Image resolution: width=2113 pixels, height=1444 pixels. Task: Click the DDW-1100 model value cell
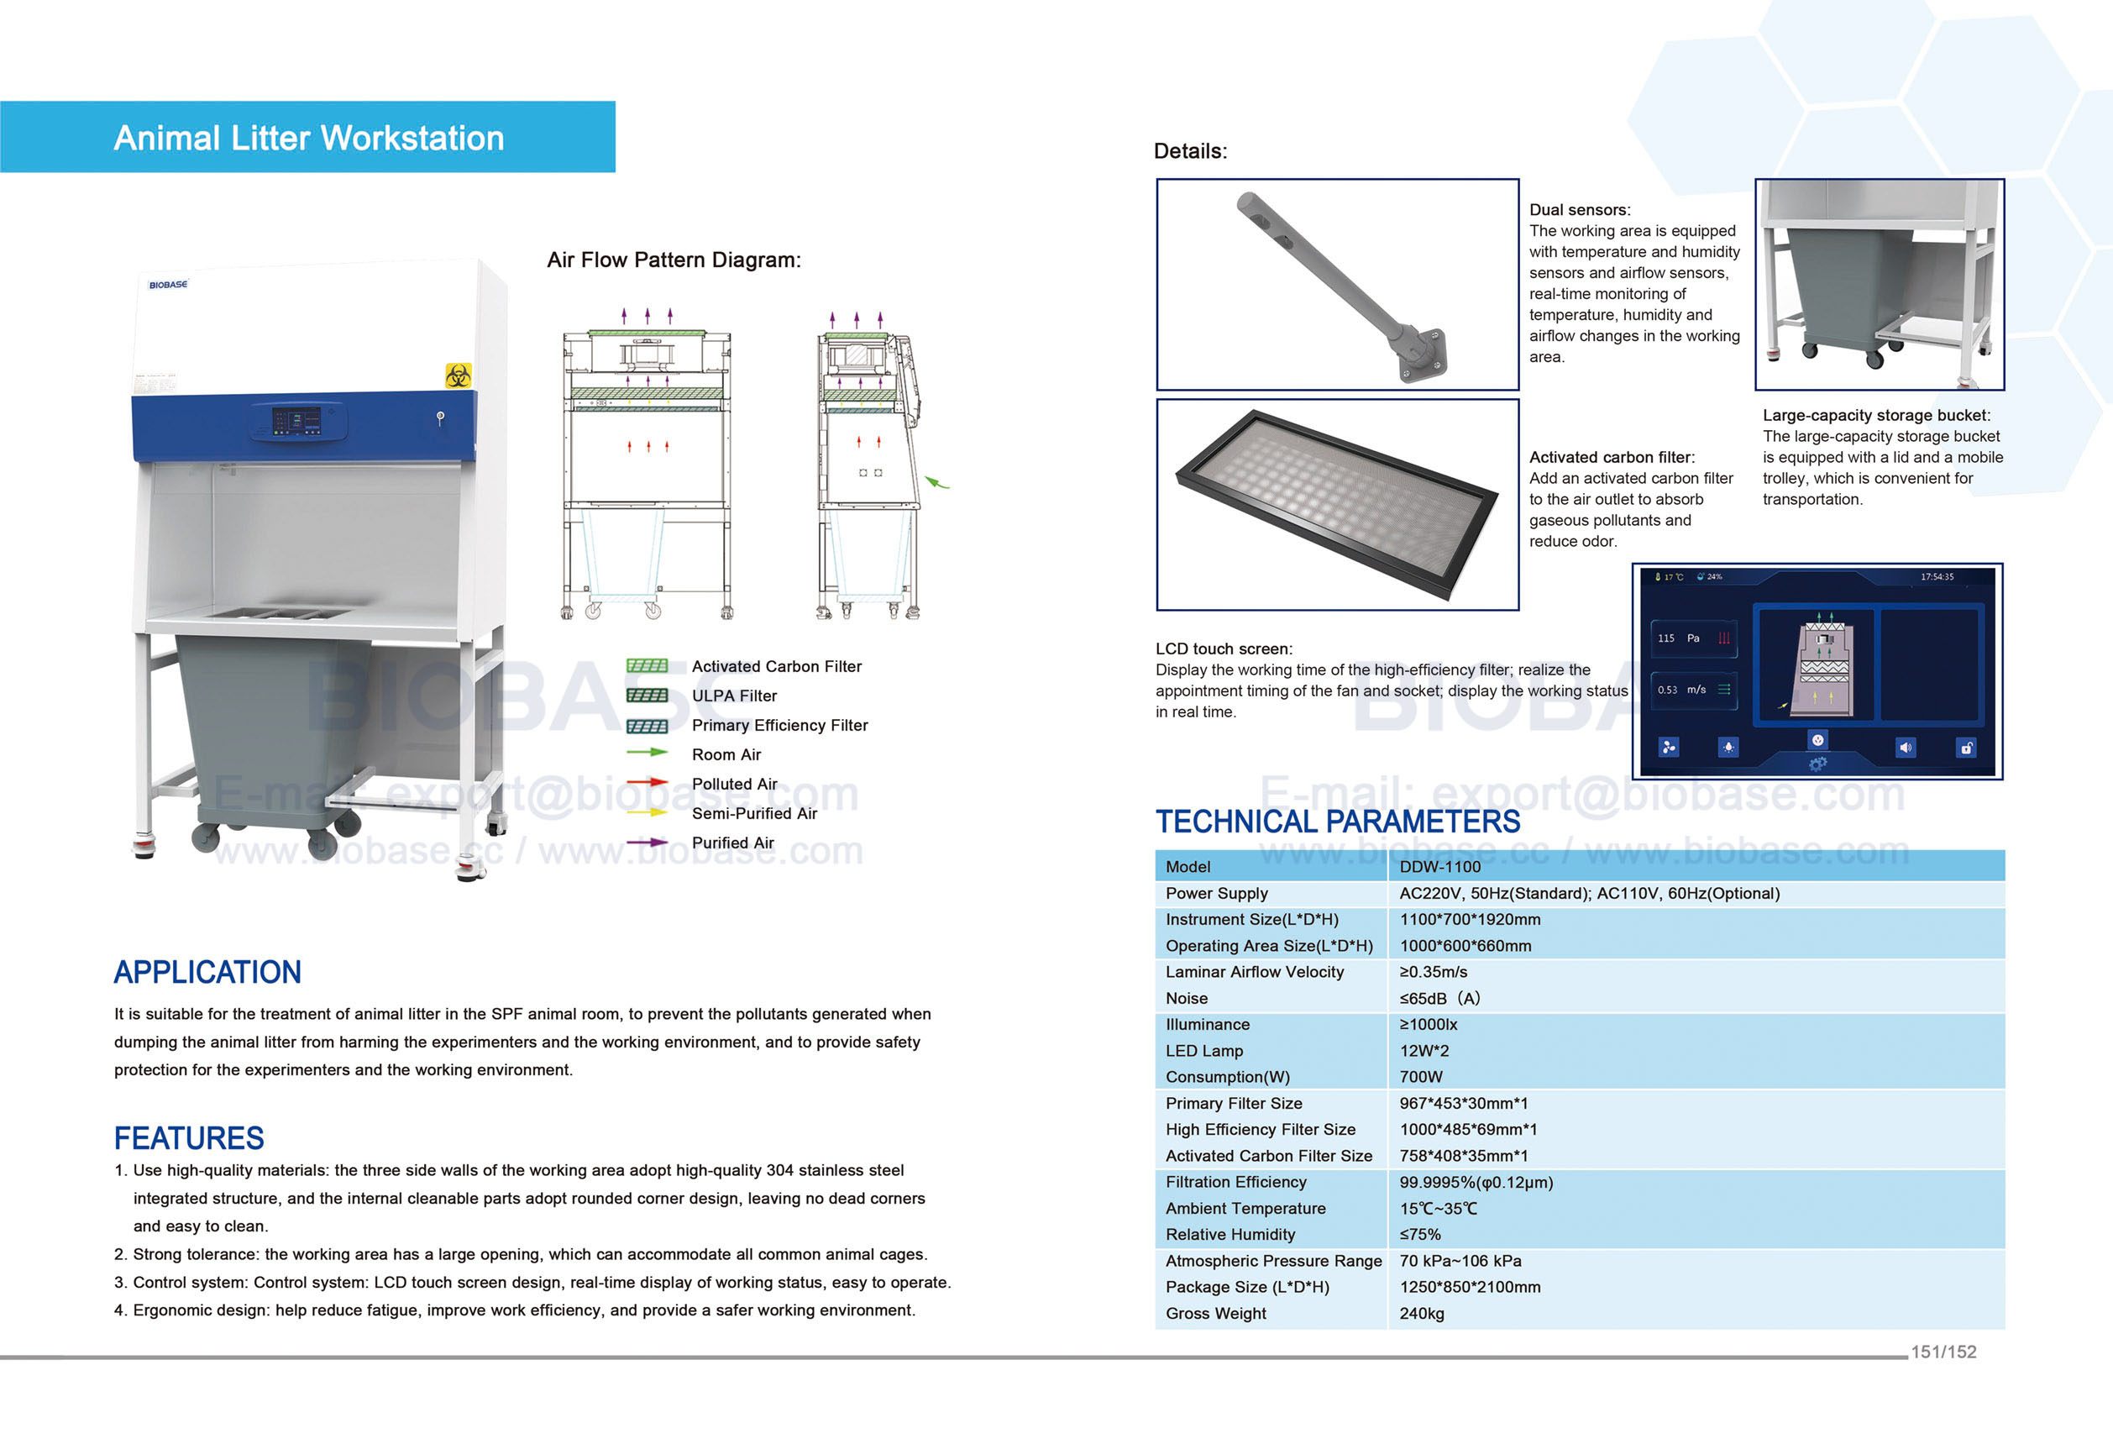click(1439, 867)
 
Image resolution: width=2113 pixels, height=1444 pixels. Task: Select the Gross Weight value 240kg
click(1421, 1313)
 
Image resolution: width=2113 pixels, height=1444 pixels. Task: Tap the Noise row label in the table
click(1187, 999)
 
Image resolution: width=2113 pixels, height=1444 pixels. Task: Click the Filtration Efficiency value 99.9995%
click(1475, 1182)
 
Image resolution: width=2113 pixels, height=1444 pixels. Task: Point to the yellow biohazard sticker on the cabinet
click(459, 375)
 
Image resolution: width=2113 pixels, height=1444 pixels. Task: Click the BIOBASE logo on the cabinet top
click(168, 285)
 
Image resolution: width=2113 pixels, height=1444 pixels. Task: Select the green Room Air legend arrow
click(647, 753)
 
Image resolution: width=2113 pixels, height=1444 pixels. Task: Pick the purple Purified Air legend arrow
click(647, 842)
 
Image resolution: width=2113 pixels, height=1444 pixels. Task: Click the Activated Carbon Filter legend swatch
click(647, 665)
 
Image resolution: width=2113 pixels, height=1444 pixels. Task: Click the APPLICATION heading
click(207, 972)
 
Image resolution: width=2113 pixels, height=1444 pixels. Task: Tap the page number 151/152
click(1943, 1352)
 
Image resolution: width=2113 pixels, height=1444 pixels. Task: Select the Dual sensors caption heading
click(1580, 210)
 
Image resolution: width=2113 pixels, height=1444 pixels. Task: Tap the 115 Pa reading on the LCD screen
click(1677, 638)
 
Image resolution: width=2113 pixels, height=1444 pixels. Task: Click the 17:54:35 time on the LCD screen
click(1937, 576)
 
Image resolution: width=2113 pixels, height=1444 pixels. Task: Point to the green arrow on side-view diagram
click(936, 483)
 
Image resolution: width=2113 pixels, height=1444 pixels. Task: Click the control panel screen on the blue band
click(296, 421)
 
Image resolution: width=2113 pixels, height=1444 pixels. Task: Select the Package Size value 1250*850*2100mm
click(1470, 1287)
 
